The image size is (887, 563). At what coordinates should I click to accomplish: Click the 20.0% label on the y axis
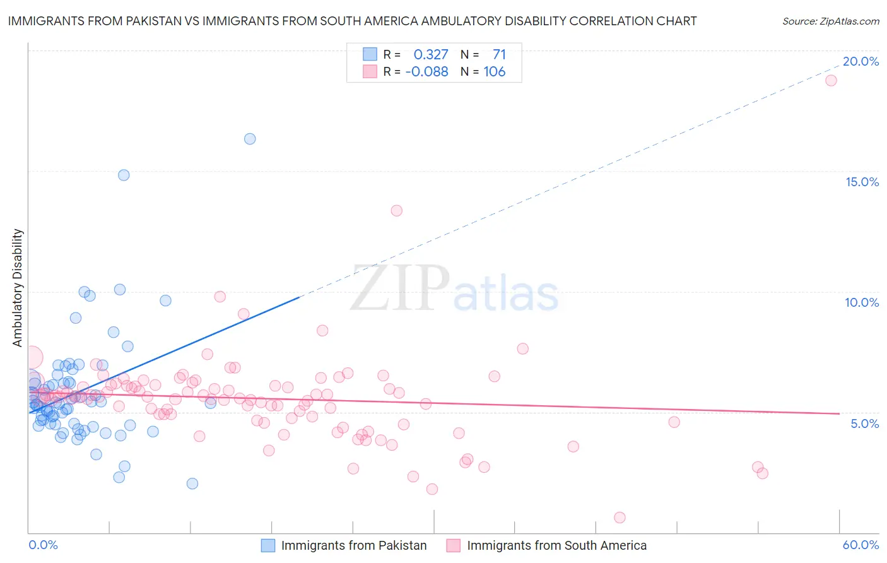[861, 61]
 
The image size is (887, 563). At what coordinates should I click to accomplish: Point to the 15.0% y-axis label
[862, 182]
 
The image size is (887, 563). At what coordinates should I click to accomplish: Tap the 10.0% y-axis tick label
[862, 302]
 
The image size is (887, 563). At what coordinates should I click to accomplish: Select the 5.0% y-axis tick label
[864, 424]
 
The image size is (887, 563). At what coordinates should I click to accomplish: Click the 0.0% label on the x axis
[43, 545]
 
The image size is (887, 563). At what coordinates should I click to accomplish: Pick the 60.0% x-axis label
[861, 545]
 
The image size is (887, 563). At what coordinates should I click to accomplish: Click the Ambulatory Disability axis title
[18, 287]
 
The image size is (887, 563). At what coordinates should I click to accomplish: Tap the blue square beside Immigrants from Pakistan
[268, 545]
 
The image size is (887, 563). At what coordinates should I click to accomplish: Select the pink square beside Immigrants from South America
[454, 545]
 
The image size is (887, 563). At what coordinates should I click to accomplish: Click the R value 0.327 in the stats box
[431, 55]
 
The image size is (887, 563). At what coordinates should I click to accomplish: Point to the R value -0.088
[426, 71]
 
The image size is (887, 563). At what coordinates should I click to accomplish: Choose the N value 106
[495, 71]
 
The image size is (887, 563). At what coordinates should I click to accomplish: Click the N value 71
[499, 55]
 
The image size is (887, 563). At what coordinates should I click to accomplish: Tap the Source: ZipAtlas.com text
[830, 21]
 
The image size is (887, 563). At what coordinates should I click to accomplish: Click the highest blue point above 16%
[250, 139]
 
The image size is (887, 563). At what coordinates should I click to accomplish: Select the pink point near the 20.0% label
[831, 80]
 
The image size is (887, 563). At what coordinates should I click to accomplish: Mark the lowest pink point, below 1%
[620, 518]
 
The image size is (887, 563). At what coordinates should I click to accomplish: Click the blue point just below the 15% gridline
[124, 175]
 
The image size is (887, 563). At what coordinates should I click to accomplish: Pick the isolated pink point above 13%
[396, 211]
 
